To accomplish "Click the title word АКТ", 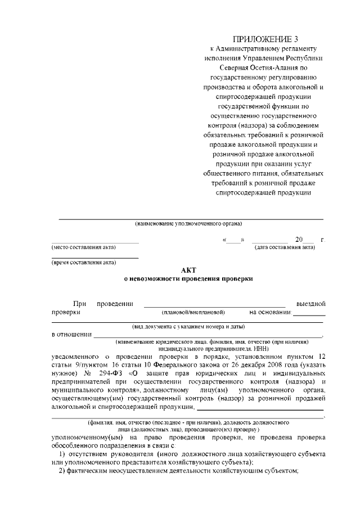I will point(188,270).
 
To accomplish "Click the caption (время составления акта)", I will point(84,263).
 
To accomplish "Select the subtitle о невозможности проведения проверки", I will point(188,278).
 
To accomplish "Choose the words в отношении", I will point(71,335).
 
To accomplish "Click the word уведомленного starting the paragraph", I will point(74,357).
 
